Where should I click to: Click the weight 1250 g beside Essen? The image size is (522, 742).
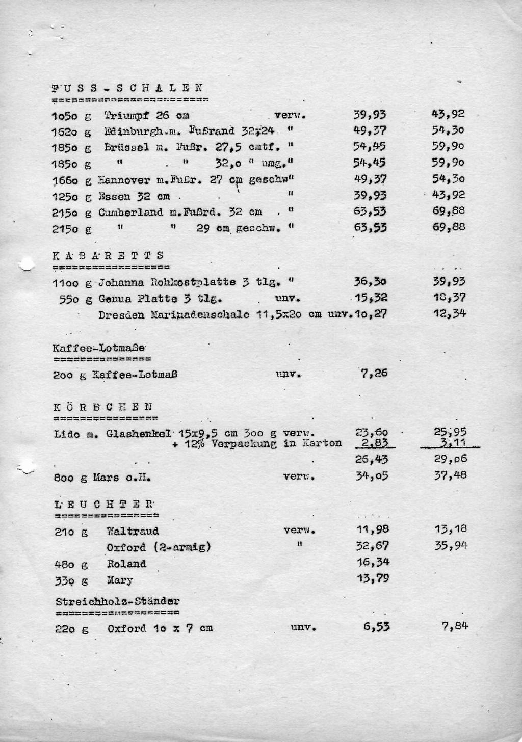71,197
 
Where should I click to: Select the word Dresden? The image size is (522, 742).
122,314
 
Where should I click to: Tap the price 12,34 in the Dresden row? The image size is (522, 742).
449,313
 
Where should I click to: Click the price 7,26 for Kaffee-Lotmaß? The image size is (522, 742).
374,373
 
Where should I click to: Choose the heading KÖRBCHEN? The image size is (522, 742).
102,407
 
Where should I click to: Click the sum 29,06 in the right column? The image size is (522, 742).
450,459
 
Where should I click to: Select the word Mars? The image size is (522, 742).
106,479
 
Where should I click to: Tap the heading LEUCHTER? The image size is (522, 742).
104,505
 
